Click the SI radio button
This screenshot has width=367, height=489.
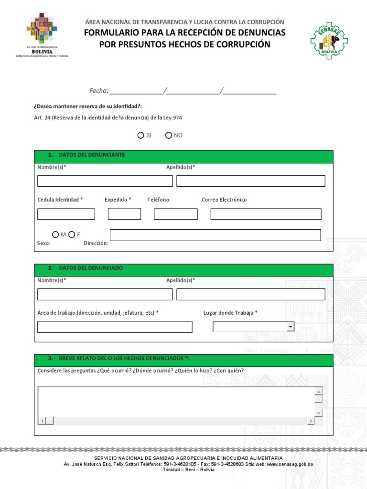pos(140,135)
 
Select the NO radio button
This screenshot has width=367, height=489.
pos(168,135)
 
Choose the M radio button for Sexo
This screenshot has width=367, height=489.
pos(55,234)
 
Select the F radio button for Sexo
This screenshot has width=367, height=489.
pos(72,234)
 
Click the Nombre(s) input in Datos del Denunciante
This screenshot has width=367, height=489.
pos(105,181)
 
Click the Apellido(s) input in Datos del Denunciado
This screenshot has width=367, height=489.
pos(250,294)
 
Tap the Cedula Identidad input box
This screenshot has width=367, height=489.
pos(66,214)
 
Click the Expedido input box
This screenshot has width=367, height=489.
pos(124,214)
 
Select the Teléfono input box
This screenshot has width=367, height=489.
pos(175,214)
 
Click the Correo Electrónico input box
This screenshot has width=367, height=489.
pos(266,214)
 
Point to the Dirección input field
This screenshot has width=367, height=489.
pos(215,235)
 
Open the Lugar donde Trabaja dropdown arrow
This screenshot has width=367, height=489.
pos(290,327)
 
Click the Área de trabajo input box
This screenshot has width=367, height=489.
pos(115,327)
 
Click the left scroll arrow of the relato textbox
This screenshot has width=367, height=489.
pos(42,421)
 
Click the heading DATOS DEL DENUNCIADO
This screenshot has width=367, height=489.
pos(91,268)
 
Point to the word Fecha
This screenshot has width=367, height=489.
pos(99,91)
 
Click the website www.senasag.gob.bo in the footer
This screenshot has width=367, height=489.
pos(290,464)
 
